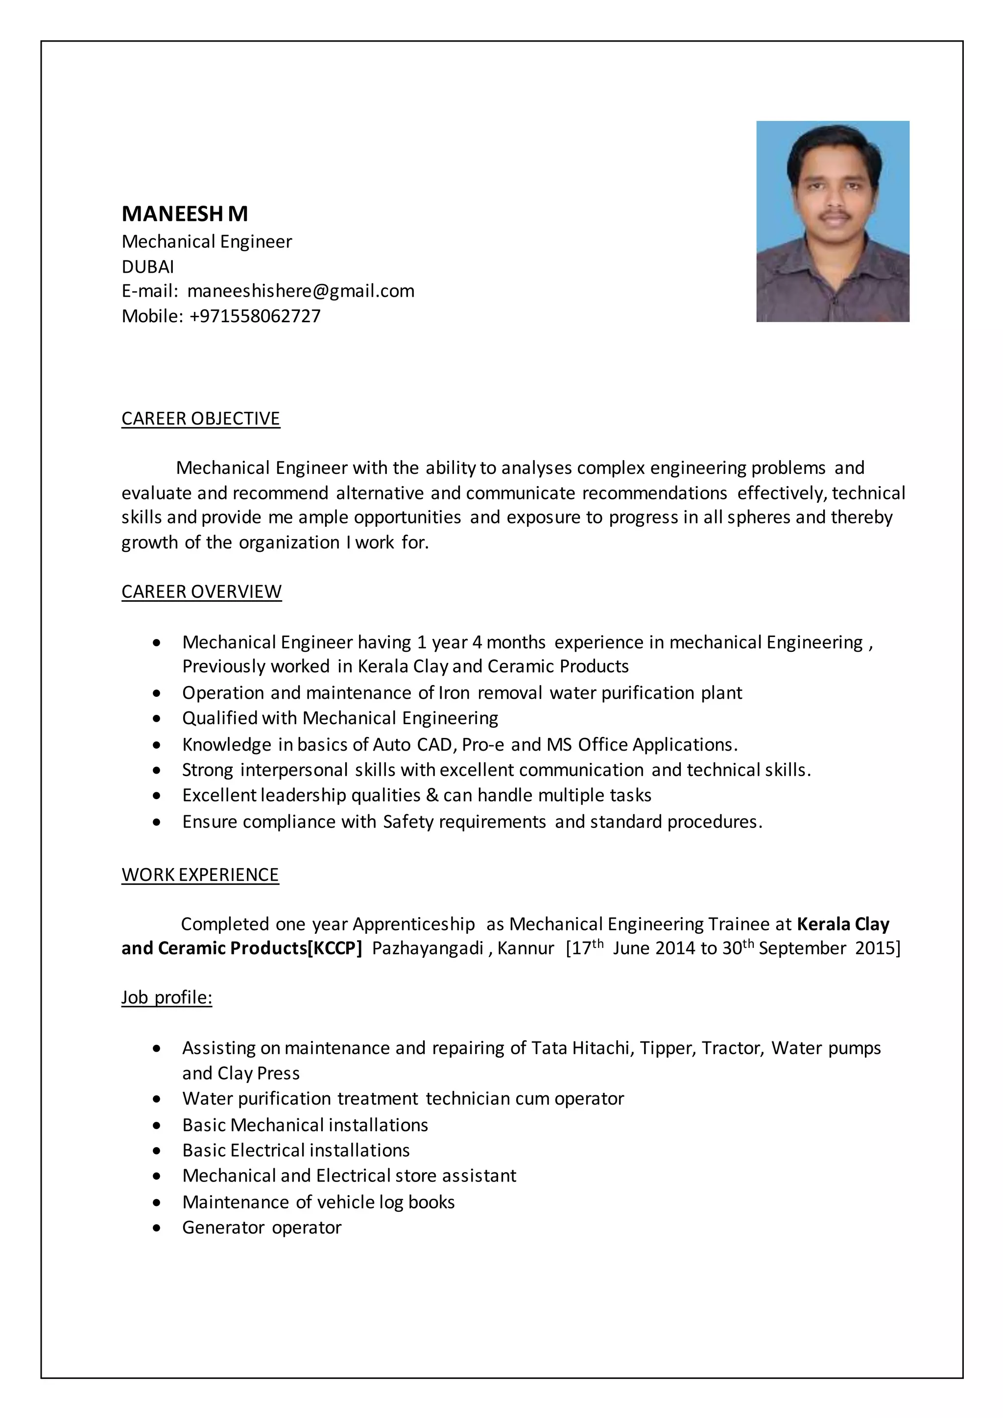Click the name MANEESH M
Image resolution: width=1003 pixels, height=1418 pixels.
click(x=185, y=213)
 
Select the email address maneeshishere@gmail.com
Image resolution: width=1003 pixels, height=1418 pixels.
click(x=301, y=291)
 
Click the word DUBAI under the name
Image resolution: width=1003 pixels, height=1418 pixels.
click(x=147, y=267)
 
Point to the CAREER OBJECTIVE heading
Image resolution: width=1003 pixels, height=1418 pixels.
click(x=201, y=419)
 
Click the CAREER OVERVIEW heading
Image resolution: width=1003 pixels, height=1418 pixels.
click(x=201, y=591)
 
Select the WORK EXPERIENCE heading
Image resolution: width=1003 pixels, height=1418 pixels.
click(x=200, y=874)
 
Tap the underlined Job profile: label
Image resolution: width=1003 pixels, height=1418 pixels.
click(x=167, y=997)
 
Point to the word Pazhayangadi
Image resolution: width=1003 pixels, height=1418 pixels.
click(x=428, y=948)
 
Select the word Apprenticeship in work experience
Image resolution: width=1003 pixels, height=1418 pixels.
click(x=414, y=924)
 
